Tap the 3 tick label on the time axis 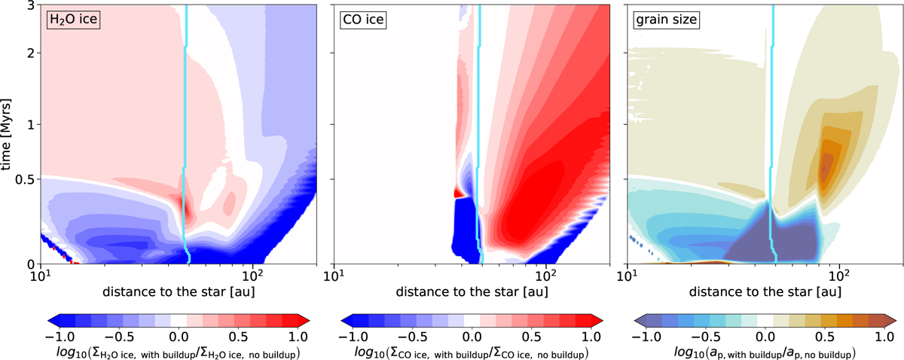click(x=29, y=6)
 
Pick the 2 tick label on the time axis click(x=29, y=53)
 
